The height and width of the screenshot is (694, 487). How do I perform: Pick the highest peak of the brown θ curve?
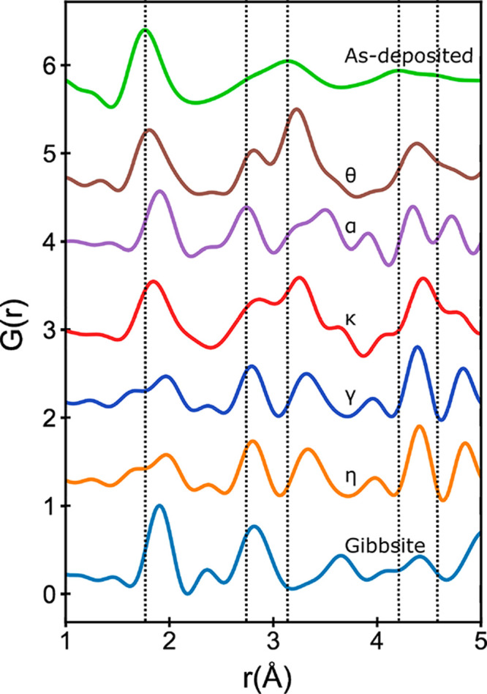tap(296, 109)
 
